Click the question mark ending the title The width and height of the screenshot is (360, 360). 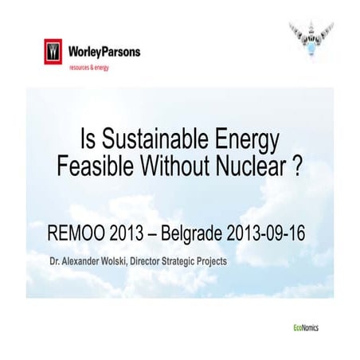point(299,166)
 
